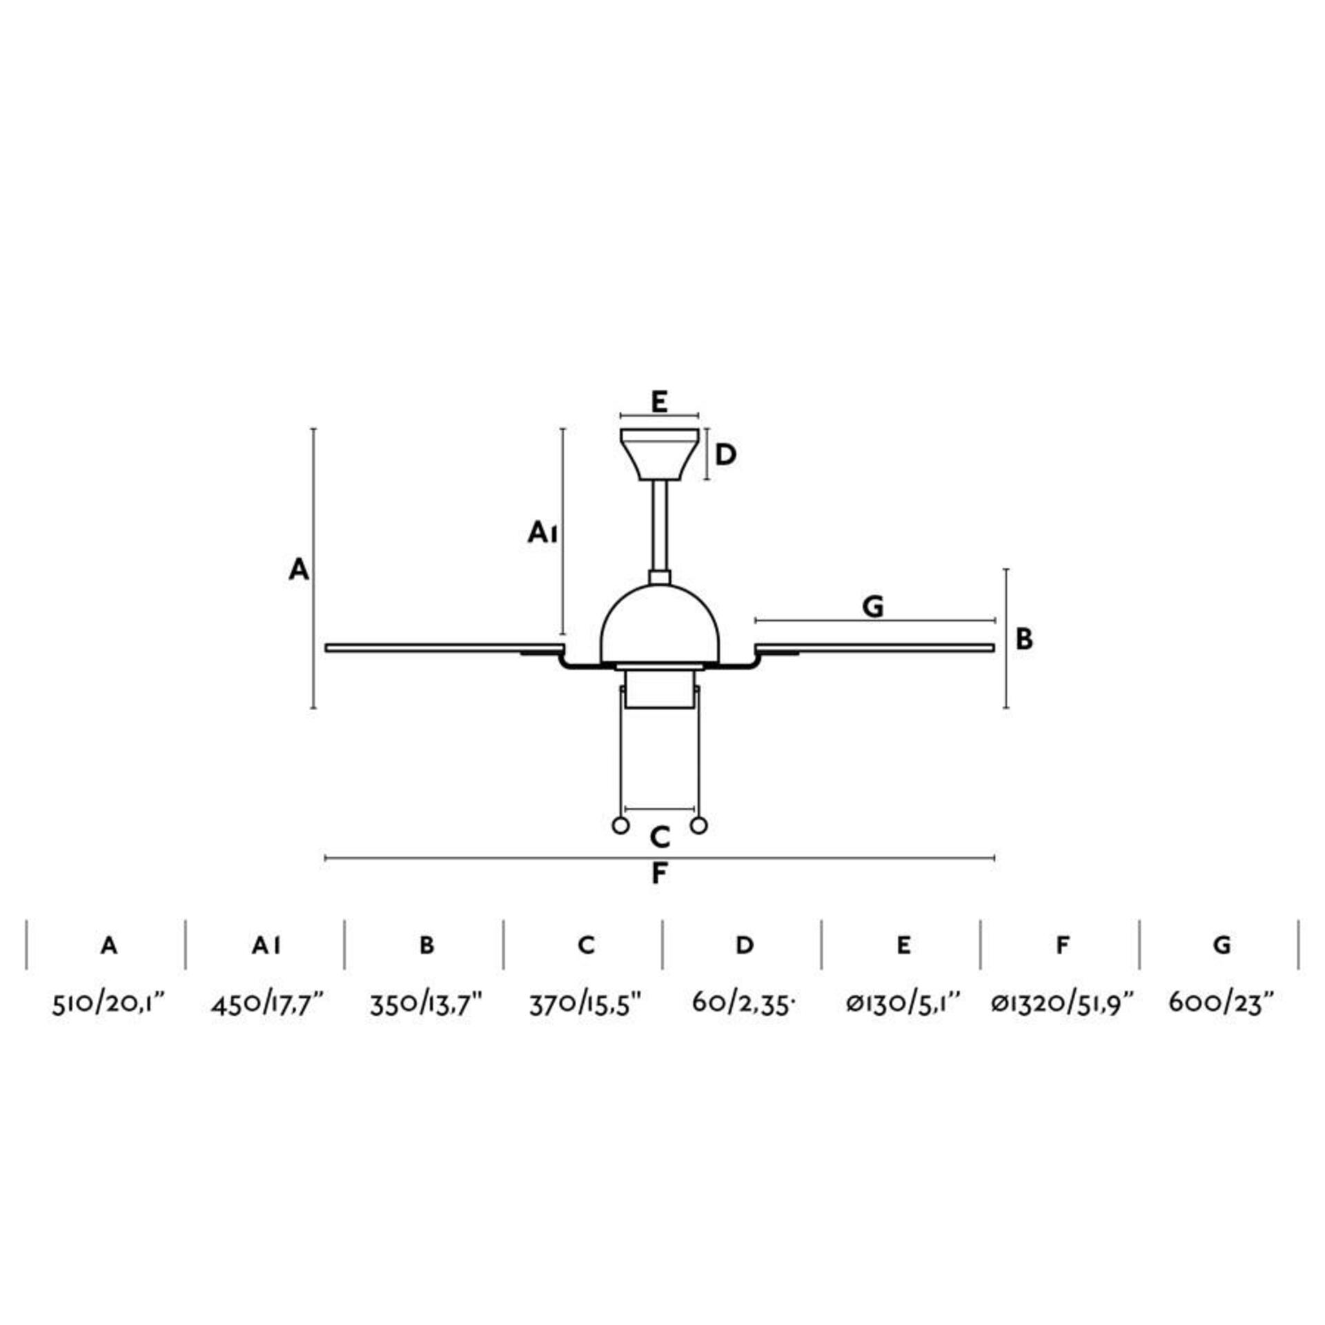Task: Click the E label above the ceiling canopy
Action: point(659,402)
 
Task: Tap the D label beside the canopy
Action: point(725,455)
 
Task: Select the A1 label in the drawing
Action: point(542,532)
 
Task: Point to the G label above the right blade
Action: point(873,607)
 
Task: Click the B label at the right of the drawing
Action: point(1024,639)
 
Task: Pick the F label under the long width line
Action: point(659,874)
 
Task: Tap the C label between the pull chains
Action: point(660,838)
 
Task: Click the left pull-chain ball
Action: point(621,825)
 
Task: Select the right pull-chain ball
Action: point(699,825)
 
